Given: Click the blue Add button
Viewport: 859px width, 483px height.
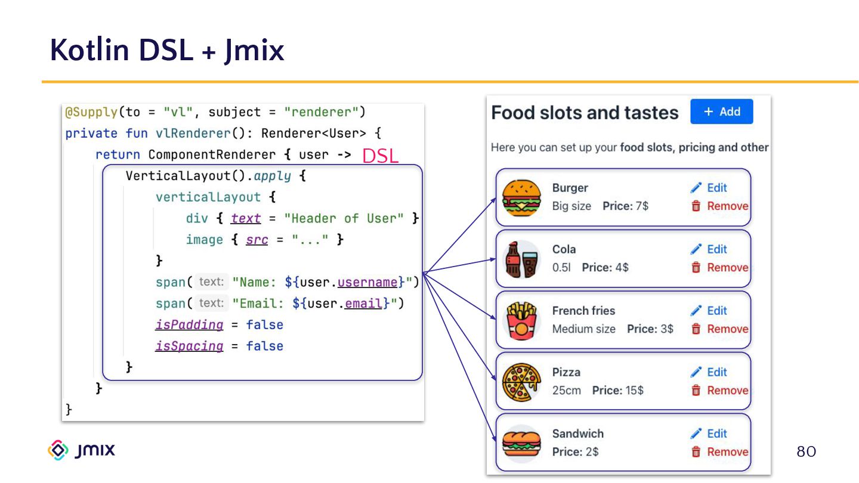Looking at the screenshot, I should [721, 112].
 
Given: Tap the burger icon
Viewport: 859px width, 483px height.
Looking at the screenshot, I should [521, 197].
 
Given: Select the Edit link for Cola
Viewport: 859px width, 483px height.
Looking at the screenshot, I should [709, 249].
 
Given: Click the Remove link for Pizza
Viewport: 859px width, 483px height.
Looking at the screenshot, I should [720, 391].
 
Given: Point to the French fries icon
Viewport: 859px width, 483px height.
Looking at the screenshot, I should [521, 320].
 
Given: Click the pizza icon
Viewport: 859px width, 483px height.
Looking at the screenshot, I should [521, 382].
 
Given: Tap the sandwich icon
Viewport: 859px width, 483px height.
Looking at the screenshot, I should [521, 443].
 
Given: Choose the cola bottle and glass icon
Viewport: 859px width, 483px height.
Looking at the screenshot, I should [521, 259].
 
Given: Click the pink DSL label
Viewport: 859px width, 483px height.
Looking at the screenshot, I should [380, 156].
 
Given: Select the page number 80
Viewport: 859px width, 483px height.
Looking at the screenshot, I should [806, 451].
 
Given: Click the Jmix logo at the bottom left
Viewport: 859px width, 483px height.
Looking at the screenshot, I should [81, 450].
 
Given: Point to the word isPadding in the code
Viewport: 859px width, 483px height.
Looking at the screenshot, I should [189, 325].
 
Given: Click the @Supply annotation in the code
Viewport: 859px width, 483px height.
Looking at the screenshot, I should [91, 112].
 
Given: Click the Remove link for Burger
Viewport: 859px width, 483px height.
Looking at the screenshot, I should [720, 206].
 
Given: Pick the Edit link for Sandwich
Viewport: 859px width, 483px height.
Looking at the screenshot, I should [709, 434].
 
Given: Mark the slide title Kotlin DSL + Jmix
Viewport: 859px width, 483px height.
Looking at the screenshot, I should [167, 50].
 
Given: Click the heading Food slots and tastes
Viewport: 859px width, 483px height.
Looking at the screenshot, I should [585, 113].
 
